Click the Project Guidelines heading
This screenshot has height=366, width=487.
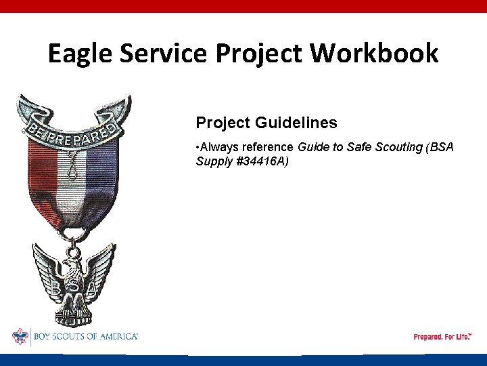[x=266, y=123]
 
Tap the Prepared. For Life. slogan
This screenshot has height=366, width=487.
[x=442, y=337]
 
